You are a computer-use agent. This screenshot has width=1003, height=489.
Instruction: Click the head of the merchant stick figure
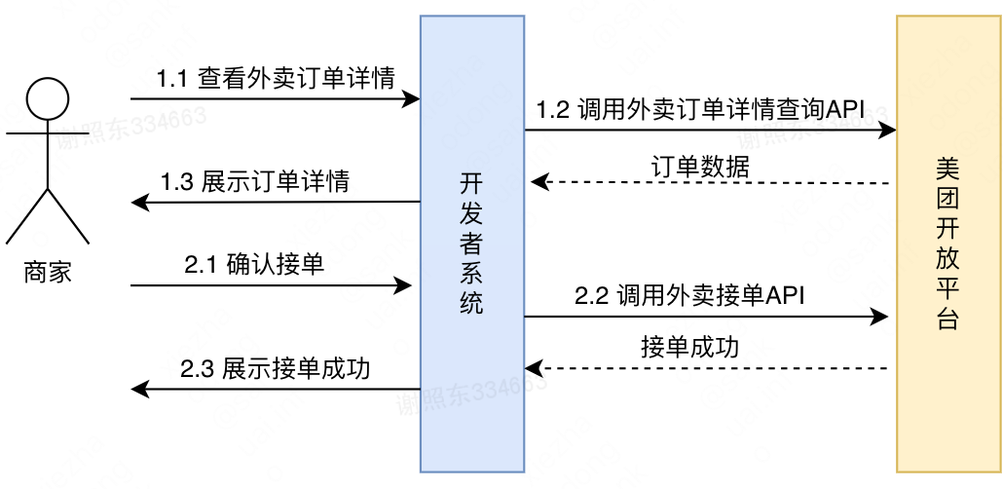tap(48, 99)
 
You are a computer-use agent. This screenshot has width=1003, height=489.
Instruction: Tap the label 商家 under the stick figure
tap(48, 272)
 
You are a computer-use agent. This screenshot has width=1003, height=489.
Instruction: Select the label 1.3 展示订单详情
tap(255, 181)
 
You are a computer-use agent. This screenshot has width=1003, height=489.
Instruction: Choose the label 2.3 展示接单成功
tap(275, 369)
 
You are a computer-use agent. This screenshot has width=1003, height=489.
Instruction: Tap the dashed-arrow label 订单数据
tap(699, 166)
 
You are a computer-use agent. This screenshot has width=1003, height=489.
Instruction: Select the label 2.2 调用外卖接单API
tap(689, 296)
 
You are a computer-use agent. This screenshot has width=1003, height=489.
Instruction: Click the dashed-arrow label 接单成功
tap(689, 348)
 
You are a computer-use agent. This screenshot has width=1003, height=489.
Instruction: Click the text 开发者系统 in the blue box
tap(471, 244)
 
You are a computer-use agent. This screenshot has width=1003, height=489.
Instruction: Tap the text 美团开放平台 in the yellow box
tap(947, 244)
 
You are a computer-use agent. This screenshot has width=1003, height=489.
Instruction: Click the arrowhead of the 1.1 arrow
tap(413, 98)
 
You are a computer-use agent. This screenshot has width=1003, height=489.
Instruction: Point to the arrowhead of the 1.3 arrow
tap(138, 203)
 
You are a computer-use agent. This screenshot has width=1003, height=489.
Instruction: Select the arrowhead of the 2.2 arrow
tap(881, 316)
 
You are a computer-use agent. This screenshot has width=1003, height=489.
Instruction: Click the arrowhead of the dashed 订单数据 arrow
tap(537, 182)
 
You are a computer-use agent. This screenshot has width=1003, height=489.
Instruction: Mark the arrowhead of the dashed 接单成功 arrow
tap(533, 368)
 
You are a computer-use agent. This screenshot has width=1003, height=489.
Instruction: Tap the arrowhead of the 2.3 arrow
tap(138, 390)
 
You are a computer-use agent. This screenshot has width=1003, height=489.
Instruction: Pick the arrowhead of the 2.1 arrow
tap(404, 285)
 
